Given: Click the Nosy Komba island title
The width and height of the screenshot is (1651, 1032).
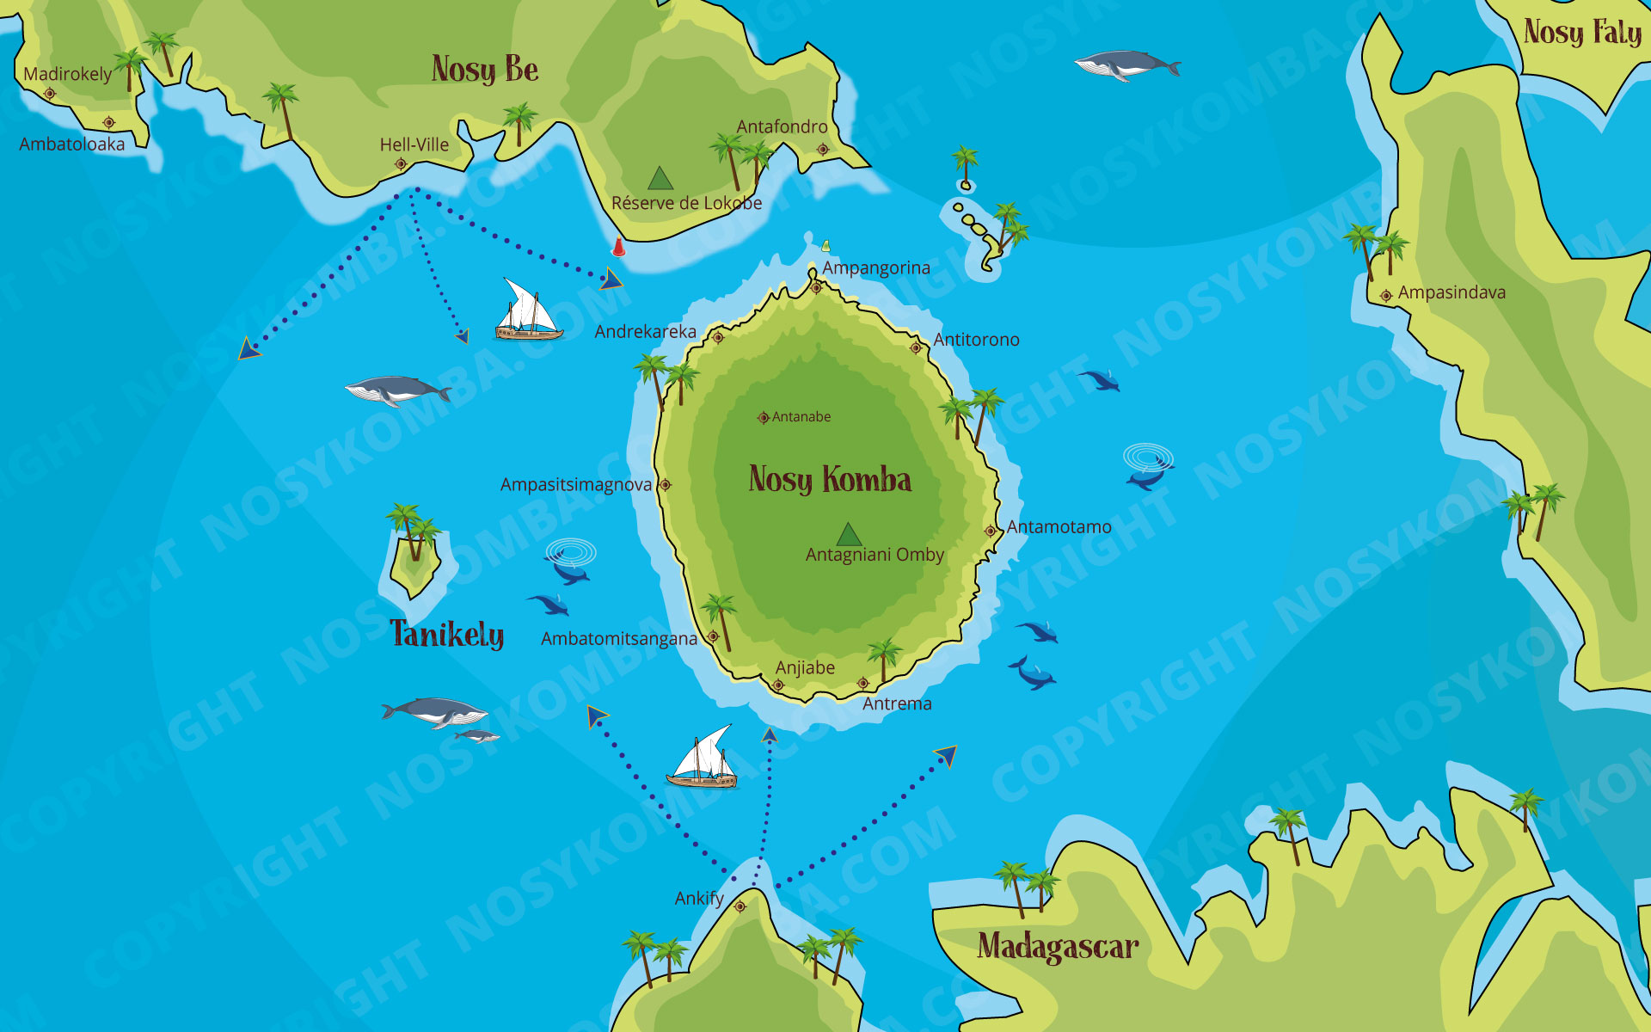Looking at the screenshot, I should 830,480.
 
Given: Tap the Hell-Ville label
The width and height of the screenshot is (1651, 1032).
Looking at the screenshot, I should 414,144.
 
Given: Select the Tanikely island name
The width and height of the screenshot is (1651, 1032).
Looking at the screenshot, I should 447,635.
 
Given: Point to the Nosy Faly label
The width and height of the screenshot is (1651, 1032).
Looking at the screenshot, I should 1582,33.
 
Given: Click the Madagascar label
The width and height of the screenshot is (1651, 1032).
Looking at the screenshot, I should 1058,947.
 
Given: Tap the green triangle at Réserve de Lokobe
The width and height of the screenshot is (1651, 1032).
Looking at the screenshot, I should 660,179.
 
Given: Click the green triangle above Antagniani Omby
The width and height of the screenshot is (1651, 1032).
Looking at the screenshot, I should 849,535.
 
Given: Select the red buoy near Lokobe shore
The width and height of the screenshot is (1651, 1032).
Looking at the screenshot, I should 618,248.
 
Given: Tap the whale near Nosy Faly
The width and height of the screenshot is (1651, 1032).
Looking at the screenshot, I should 1126,64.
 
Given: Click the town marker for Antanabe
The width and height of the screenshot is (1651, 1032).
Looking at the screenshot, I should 763,418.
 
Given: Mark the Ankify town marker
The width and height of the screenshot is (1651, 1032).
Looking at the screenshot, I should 740,906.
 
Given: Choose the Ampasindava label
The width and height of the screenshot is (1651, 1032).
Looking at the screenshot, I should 1452,292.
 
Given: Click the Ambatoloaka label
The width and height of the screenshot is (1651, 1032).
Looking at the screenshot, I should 72,144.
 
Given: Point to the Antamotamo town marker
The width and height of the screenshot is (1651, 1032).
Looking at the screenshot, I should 991,531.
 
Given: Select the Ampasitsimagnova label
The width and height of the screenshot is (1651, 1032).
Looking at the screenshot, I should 576,485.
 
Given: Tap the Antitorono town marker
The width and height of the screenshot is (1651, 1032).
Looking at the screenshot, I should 916,348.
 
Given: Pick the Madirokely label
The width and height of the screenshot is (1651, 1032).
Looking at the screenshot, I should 67,74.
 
